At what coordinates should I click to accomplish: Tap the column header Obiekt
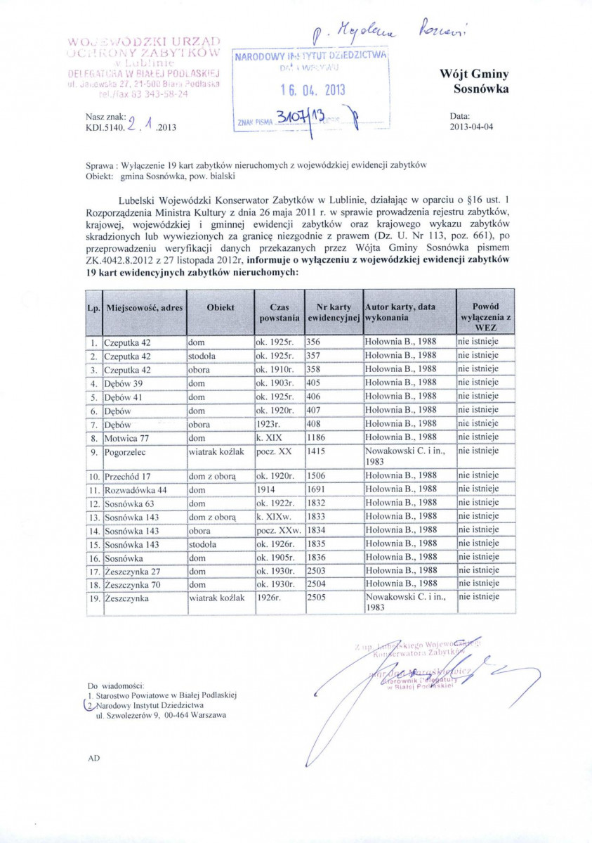pos(220,308)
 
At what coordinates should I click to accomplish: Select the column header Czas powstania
pos(279,313)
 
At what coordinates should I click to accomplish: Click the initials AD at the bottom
pos(94,759)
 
